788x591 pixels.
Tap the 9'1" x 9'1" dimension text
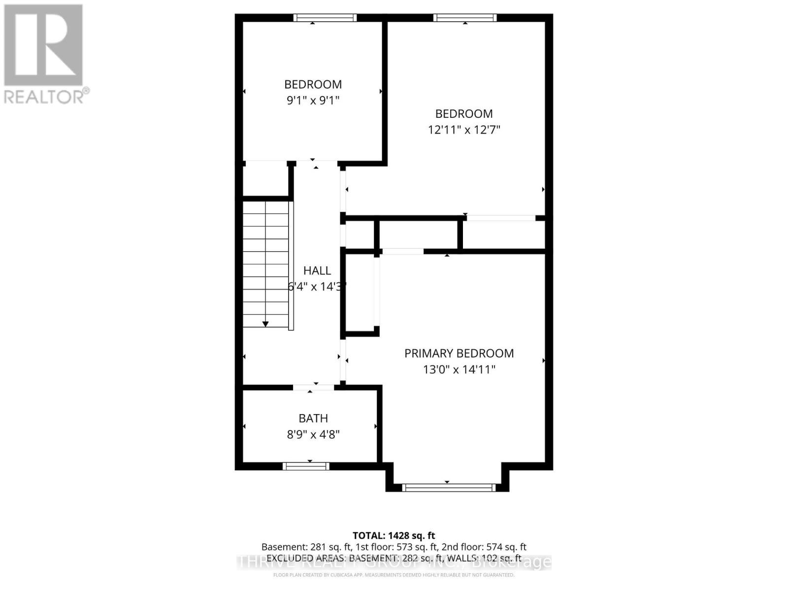[x=313, y=100]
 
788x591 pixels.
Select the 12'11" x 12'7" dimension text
[x=464, y=130]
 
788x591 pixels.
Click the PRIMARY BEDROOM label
[x=459, y=353]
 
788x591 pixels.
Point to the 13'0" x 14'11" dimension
[x=459, y=369]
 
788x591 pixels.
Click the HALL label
[x=317, y=270]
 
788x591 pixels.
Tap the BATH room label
[x=313, y=418]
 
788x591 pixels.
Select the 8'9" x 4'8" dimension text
[x=313, y=434]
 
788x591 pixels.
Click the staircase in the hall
[x=266, y=263]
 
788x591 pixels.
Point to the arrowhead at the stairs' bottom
[x=265, y=324]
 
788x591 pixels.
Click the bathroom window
[x=306, y=466]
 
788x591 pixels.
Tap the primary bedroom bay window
[x=448, y=488]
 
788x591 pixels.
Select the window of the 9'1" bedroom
[x=325, y=18]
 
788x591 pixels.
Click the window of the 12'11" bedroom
[x=465, y=18]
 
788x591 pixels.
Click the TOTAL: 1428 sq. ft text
[x=394, y=535]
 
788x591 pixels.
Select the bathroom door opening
[x=314, y=387]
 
